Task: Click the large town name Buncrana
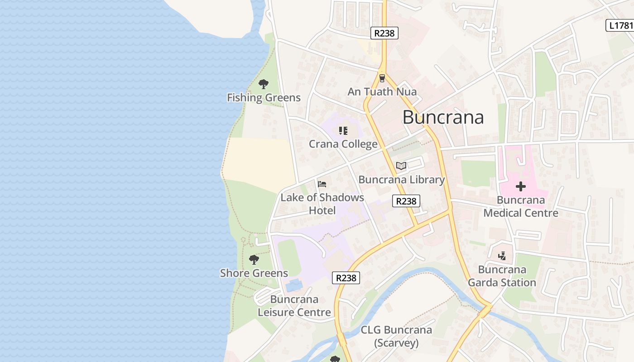(443, 117)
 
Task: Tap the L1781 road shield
(620, 25)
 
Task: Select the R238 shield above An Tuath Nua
(384, 33)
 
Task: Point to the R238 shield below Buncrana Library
(406, 201)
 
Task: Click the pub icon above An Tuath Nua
(382, 78)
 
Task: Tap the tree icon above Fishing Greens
(263, 84)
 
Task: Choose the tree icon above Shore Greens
(254, 259)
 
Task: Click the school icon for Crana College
(343, 131)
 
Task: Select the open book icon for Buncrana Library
(401, 166)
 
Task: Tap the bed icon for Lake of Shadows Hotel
(322, 184)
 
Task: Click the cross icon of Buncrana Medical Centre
(520, 186)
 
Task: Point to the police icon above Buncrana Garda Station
(501, 257)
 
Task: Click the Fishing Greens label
(264, 98)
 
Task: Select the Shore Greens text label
(254, 273)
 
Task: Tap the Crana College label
(343, 144)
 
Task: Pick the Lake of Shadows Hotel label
(322, 204)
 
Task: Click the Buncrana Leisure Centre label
(294, 306)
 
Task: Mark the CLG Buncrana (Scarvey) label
(396, 336)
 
